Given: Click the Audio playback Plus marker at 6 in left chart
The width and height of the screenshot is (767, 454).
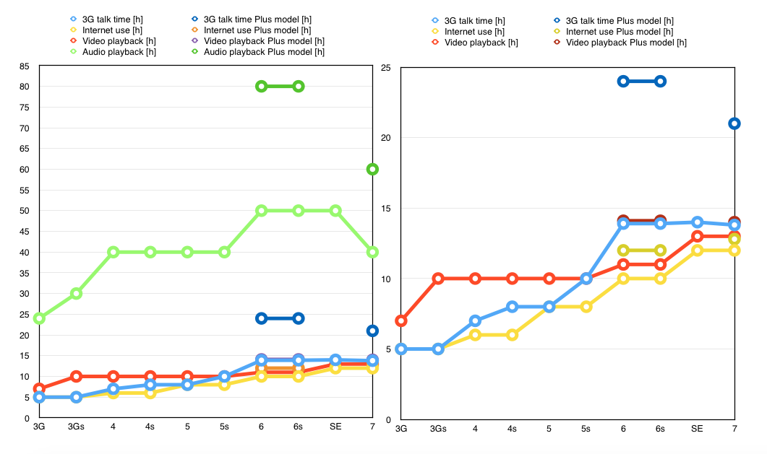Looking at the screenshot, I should (x=262, y=86).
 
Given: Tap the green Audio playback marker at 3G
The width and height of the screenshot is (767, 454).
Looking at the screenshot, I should (x=39, y=318).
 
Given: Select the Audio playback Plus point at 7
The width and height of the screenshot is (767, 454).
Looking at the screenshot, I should (x=372, y=169).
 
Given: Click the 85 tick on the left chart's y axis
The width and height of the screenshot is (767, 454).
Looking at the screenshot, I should (x=25, y=66).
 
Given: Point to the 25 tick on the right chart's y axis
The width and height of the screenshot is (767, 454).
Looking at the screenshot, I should (x=385, y=68).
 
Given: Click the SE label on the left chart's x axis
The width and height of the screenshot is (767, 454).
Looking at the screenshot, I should (x=335, y=427).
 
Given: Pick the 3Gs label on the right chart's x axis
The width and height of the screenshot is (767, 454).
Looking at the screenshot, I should (x=438, y=429).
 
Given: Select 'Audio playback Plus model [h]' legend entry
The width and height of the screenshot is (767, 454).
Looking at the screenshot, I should (x=262, y=52).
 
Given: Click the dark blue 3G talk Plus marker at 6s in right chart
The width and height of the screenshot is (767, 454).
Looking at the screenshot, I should (x=660, y=81).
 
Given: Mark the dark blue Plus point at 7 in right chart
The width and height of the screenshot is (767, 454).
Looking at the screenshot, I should (x=734, y=123).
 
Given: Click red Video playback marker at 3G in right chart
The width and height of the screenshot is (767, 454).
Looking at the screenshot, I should (x=401, y=320).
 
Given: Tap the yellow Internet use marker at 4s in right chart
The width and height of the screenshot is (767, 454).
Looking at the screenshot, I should (x=512, y=335).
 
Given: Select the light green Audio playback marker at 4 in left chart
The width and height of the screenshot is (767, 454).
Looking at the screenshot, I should (x=113, y=252).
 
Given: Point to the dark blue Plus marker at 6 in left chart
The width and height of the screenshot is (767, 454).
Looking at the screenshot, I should (x=262, y=318).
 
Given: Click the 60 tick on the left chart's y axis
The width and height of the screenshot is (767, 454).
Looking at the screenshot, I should (x=25, y=170).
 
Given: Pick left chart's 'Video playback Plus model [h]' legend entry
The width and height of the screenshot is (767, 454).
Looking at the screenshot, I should (x=262, y=41).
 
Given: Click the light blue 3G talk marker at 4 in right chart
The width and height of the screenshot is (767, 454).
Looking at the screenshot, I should (x=475, y=320).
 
